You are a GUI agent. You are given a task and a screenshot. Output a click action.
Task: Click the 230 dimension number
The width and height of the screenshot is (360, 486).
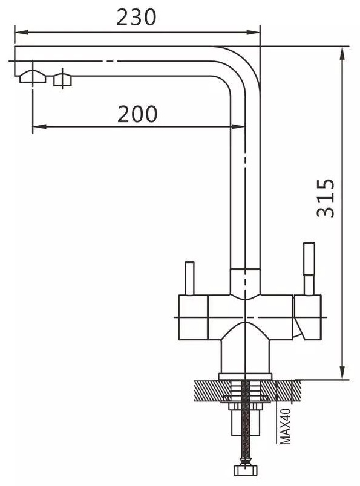click(x=136, y=18)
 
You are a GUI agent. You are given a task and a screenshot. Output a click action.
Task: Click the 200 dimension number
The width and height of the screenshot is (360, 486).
click(x=137, y=114)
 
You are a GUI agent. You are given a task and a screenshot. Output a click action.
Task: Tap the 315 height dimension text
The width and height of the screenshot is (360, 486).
click(x=326, y=198)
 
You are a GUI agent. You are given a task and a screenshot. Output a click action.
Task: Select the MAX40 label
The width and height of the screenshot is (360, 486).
click(x=286, y=426)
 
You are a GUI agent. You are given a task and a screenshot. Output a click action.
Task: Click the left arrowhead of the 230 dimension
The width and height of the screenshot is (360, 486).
click(x=22, y=32)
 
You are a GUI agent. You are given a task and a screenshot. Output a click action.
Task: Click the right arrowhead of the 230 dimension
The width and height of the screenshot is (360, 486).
click(x=253, y=32)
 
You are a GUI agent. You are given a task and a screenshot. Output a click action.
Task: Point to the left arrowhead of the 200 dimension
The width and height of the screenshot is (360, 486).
click(x=39, y=126)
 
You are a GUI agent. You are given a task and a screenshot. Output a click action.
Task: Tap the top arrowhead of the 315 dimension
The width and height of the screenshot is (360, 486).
click(x=342, y=54)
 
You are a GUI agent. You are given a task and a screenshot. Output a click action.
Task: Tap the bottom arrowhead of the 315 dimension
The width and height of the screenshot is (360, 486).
click(x=342, y=372)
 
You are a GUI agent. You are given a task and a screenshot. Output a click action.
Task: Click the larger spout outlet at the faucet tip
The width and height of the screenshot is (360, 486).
click(x=33, y=77)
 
